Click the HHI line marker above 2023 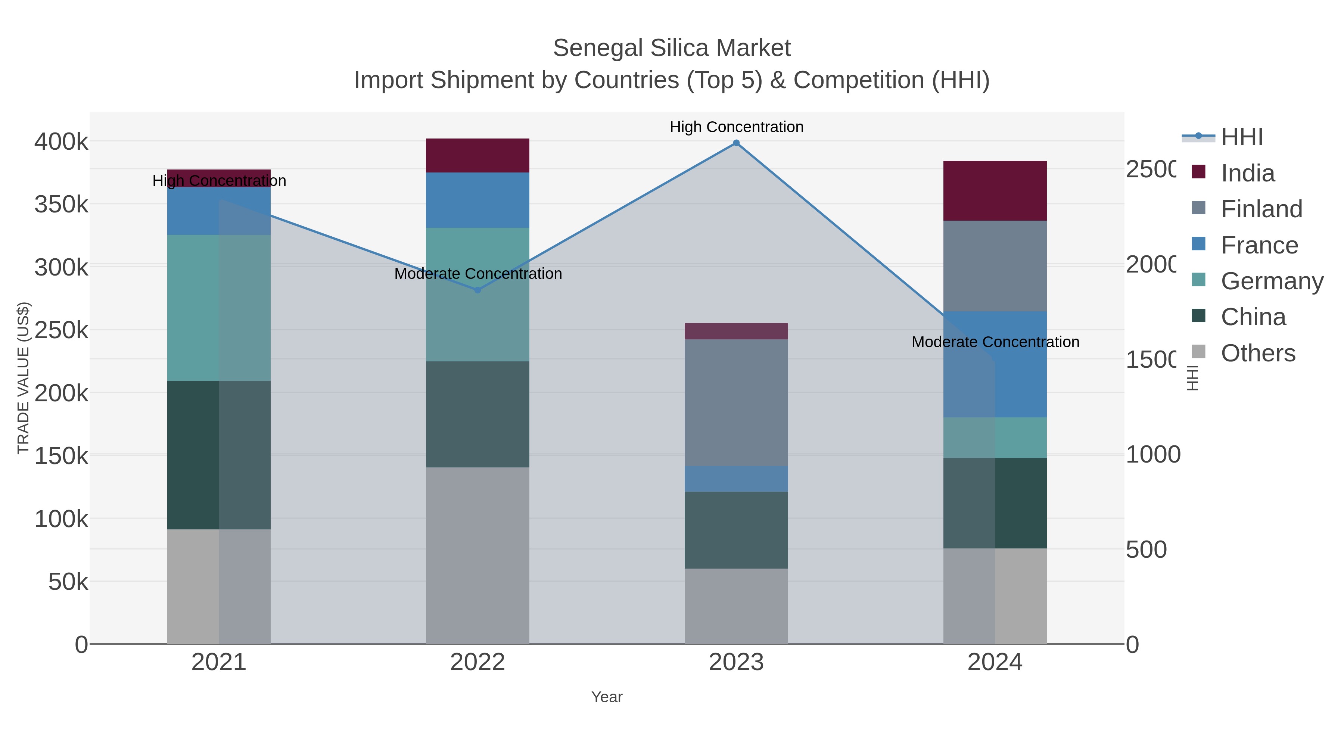point(736,143)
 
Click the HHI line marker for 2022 point(477,290)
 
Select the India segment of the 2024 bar point(995,191)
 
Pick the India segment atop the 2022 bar point(477,155)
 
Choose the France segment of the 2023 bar point(736,479)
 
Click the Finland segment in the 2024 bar point(995,266)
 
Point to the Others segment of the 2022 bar point(477,555)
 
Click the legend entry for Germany point(1272,281)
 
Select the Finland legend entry point(1261,209)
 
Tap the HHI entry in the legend point(1242,137)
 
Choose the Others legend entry point(1258,353)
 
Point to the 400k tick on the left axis point(62,142)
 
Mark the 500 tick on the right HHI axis point(1146,550)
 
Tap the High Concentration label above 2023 point(736,127)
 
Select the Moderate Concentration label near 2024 point(995,342)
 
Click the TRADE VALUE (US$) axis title point(24,378)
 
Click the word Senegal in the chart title point(598,49)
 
